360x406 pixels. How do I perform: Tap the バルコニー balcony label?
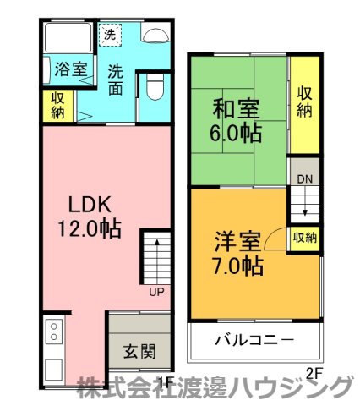[254, 341]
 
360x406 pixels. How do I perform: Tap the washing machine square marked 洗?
[110, 35]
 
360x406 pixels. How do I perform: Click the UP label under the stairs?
[156, 292]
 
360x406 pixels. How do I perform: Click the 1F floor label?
[165, 382]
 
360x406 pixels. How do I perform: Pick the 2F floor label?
[314, 373]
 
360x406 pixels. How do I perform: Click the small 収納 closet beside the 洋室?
[304, 238]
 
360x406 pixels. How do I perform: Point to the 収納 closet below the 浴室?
[57, 105]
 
